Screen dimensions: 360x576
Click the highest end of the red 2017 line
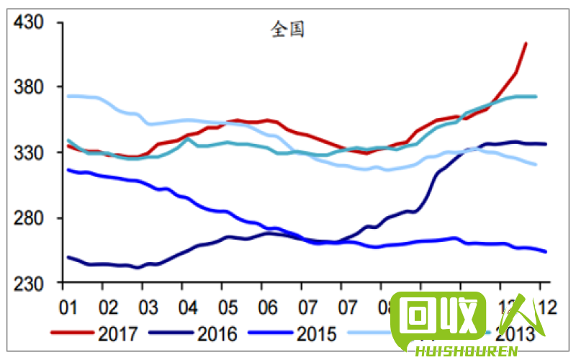point(526,43)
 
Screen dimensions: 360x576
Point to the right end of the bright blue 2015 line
point(546,252)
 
